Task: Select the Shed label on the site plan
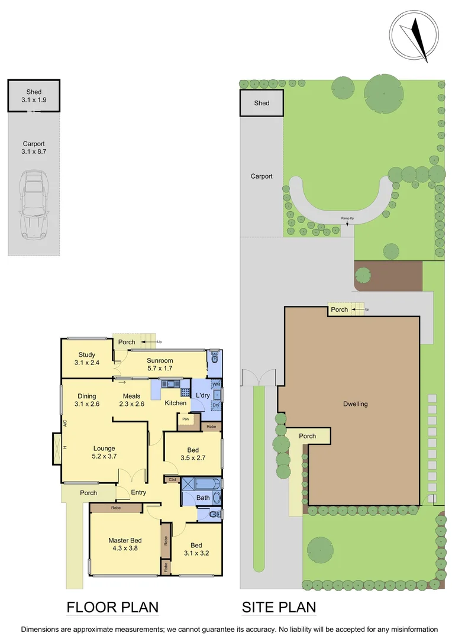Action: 261,103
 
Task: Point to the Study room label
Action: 86,359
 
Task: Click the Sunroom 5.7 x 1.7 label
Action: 160,364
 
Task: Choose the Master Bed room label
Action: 124,544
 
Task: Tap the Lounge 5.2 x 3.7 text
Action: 104,452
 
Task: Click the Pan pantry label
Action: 185,419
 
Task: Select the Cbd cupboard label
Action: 173,479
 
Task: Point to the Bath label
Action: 203,498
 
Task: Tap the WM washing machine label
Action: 216,384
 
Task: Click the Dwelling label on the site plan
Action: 355,404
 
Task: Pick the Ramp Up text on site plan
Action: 347,219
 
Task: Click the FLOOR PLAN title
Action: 112,607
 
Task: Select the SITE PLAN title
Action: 279,607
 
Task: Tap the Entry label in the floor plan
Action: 138,492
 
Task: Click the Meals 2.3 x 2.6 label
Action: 131,400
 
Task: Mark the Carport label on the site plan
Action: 261,176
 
